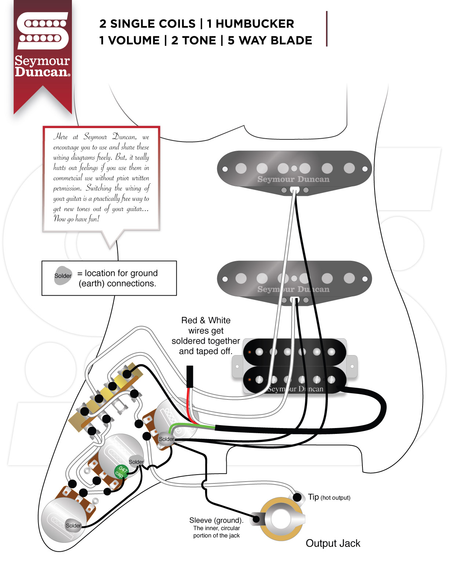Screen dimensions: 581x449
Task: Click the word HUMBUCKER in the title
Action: (255, 24)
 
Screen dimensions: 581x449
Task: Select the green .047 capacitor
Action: (121, 471)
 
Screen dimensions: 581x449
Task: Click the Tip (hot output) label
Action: (329, 497)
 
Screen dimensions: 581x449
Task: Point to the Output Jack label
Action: (333, 543)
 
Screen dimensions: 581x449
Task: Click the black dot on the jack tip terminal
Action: (297, 497)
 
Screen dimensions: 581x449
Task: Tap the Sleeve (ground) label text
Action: (216, 520)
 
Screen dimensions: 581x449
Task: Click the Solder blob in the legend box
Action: (63, 276)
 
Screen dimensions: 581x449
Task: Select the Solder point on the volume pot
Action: (166, 439)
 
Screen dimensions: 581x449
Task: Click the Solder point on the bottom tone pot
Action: (73, 526)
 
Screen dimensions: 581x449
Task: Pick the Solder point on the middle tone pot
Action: (136, 462)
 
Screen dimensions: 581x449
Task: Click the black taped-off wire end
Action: (190, 376)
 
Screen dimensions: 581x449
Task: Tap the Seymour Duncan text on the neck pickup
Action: (293, 179)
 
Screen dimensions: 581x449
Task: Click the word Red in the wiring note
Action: (189, 320)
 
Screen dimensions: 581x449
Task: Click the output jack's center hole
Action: (281, 519)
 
